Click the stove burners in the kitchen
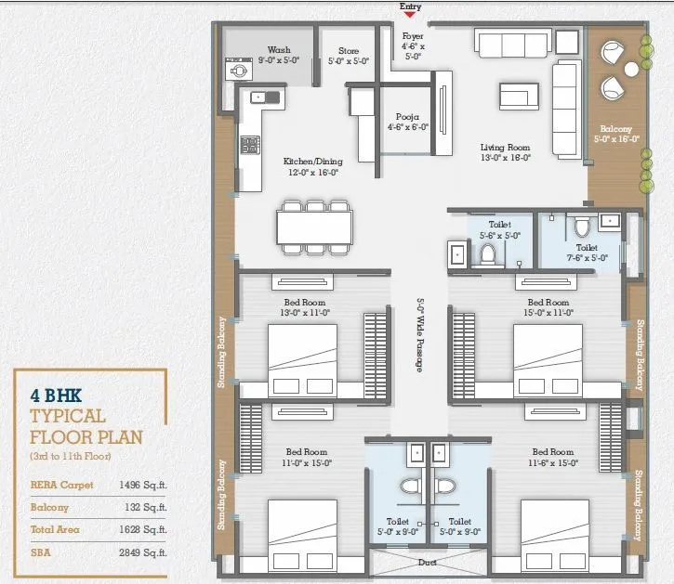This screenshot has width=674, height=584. (249, 144)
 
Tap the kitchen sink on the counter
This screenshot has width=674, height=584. (259, 96)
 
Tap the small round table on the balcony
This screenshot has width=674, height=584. (631, 69)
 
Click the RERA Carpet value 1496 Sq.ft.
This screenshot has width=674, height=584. (142, 484)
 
